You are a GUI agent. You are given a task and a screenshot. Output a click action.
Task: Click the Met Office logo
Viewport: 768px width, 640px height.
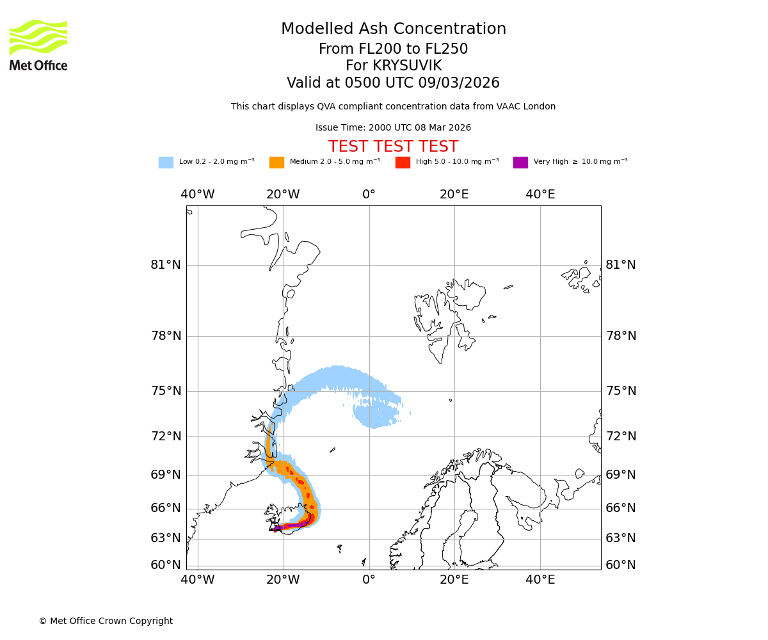(x=38, y=45)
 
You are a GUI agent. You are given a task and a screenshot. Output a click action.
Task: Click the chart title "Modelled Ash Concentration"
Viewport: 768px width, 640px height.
(x=393, y=29)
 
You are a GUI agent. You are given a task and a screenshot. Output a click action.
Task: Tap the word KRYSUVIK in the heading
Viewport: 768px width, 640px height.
(x=407, y=66)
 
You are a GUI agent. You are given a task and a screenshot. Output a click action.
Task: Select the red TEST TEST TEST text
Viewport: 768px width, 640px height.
(x=393, y=147)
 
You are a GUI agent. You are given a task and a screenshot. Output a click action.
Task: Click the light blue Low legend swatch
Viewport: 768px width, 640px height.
(x=166, y=163)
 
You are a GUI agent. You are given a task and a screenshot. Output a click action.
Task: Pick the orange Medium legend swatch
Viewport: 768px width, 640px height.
(x=276, y=163)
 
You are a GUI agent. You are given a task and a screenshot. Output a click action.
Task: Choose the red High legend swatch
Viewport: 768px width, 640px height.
(x=403, y=163)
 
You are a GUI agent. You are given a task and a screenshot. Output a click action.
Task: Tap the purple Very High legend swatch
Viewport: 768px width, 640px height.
(x=520, y=163)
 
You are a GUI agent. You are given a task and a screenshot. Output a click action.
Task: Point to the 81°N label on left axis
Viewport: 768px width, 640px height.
(x=166, y=265)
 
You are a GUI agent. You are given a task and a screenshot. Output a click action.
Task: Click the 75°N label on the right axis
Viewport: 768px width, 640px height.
(x=621, y=391)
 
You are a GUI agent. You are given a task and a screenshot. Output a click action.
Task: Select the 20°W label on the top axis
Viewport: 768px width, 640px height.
(x=283, y=195)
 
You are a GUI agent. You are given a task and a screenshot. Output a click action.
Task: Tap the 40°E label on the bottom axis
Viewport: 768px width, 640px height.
(x=540, y=580)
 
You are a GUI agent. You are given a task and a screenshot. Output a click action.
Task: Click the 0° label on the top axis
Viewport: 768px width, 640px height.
(x=369, y=195)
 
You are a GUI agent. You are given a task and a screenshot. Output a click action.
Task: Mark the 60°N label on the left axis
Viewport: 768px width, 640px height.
(x=166, y=565)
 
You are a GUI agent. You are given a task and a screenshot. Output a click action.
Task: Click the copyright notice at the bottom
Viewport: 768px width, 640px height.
(x=106, y=621)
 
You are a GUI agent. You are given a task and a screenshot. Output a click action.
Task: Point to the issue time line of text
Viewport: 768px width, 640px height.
(x=393, y=128)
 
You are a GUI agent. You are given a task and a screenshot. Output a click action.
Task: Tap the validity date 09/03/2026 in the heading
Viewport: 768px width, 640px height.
(x=459, y=83)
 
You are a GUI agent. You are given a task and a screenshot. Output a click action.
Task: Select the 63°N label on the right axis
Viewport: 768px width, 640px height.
(x=621, y=538)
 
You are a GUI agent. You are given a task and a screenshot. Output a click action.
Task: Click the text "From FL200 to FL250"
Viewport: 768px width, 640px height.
(x=393, y=49)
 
